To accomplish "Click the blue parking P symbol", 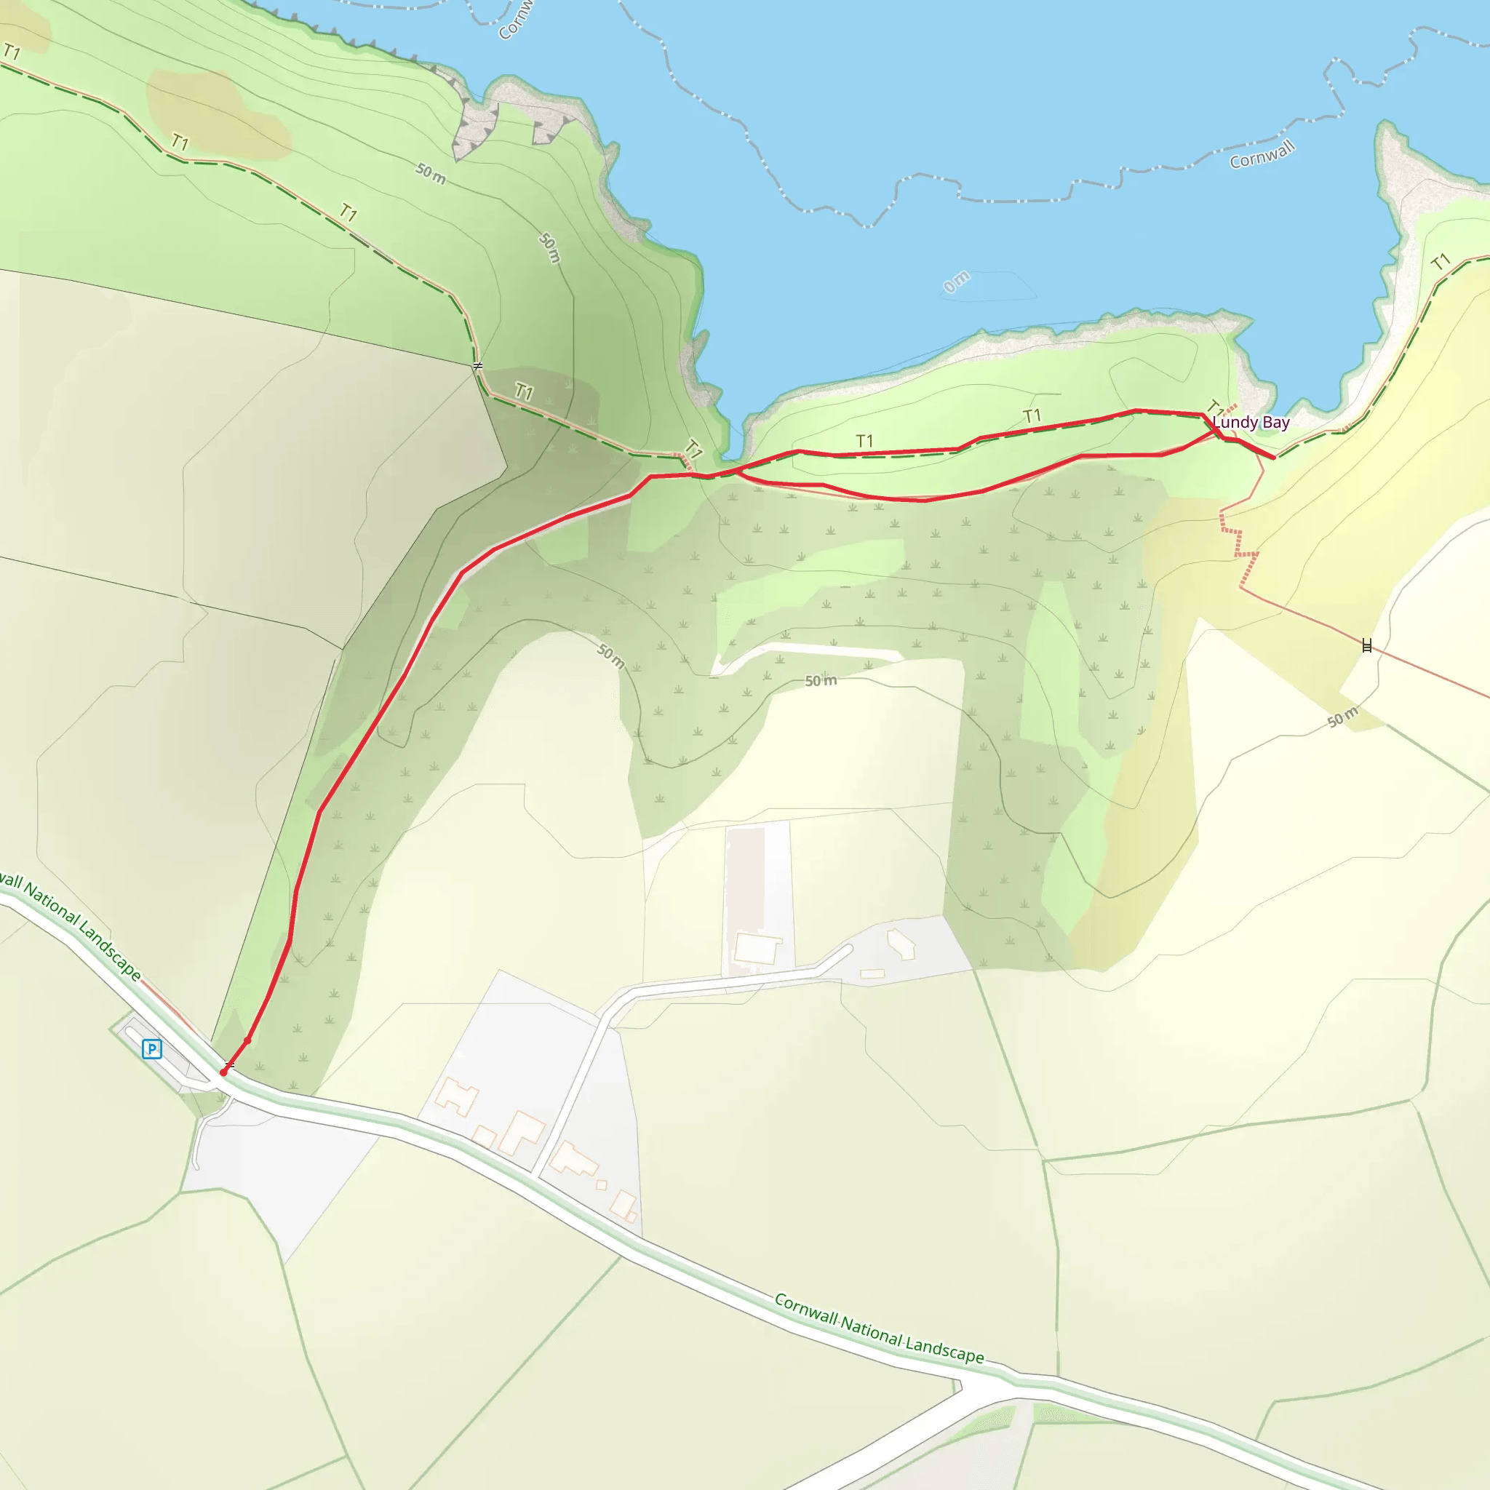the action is click(152, 1049).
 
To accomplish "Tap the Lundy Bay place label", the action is click(1251, 423).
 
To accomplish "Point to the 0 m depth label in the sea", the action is click(956, 282).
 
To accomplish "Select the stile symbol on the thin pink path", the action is click(1366, 645).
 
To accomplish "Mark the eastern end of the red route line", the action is click(1272, 458).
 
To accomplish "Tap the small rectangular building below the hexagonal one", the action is click(872, 973).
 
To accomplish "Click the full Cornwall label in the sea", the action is click(1262, 155).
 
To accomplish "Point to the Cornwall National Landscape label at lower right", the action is click(879, 1328).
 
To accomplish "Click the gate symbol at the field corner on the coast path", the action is click(477, 365).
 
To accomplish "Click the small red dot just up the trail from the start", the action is click(247, 1040).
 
